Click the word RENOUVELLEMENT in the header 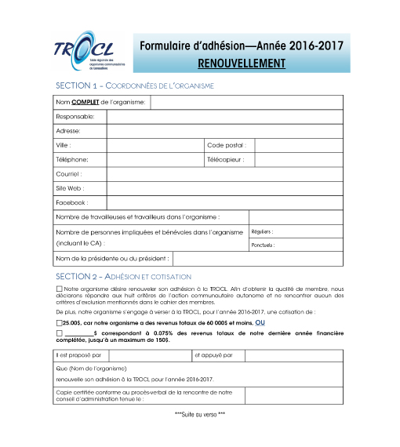click(242, 61)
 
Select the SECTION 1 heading click(135, 85)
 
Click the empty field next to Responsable click(224, 117)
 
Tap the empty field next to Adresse click(224, 131)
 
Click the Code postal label click(226, 145)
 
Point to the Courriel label click(69, 173)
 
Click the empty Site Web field click(224, 188)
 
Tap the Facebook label click(71, 202)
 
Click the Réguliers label click(262, 232)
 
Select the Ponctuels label click(263, 245)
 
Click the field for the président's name click(256, 258)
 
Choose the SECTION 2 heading click(123, 276)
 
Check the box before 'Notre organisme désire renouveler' click(60, 289)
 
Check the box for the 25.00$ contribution click(59, 322)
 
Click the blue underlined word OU click(260, 322)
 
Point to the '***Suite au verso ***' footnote click(199, 413)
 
